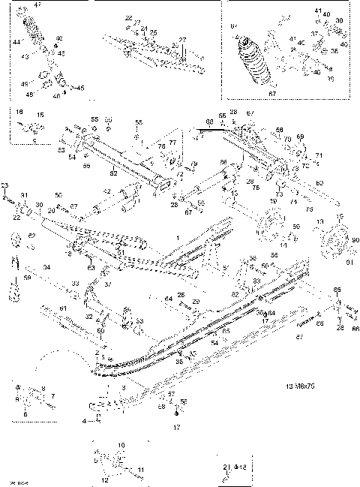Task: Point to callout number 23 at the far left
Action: (4, 185)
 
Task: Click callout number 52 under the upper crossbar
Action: (115, 173)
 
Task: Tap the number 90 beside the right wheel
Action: (334, 239)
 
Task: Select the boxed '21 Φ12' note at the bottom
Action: (233, 467)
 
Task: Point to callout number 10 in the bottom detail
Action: (121, 445)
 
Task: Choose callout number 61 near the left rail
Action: (64, 308)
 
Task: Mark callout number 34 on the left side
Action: (46, 267)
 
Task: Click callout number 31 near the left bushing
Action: (24, 197)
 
